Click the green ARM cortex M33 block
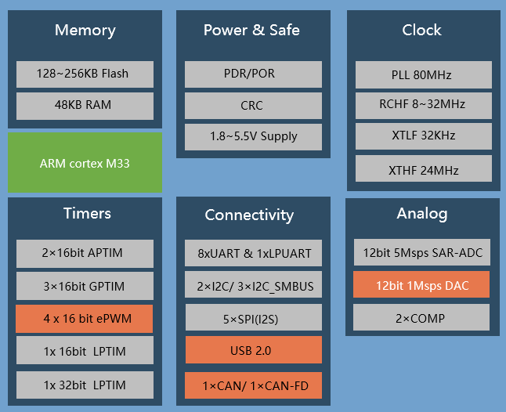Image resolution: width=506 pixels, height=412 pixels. coord(85,163)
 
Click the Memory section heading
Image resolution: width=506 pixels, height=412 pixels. coord(85,31)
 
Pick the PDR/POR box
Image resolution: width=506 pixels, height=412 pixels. coord(253,74)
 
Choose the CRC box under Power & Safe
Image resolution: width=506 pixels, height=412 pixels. coord(253,105)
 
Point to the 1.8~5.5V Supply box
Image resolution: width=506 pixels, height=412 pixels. coord(253,136)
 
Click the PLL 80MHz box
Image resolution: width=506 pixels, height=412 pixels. coord(423,75)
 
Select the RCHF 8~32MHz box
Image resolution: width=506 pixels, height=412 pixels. coord(423,104)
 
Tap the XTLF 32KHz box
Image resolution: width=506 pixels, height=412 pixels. coord(423,136)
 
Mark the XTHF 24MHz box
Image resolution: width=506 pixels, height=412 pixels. coord(423,169)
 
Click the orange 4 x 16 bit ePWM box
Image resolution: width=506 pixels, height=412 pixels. coord(85,320)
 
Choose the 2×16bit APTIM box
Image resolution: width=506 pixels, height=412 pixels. coord(85,254)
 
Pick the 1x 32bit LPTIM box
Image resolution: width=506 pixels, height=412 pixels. coord(85,385)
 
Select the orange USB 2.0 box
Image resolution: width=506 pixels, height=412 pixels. coord(253,350)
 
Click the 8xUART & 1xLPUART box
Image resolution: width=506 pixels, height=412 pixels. coord(253,254)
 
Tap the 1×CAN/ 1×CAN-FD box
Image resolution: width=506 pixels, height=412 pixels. coord(253,386)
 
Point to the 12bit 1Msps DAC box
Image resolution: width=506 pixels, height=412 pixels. coord(421,285)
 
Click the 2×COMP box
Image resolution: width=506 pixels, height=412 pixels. coord(421,317)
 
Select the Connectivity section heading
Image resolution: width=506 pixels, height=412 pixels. coord(249,215)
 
